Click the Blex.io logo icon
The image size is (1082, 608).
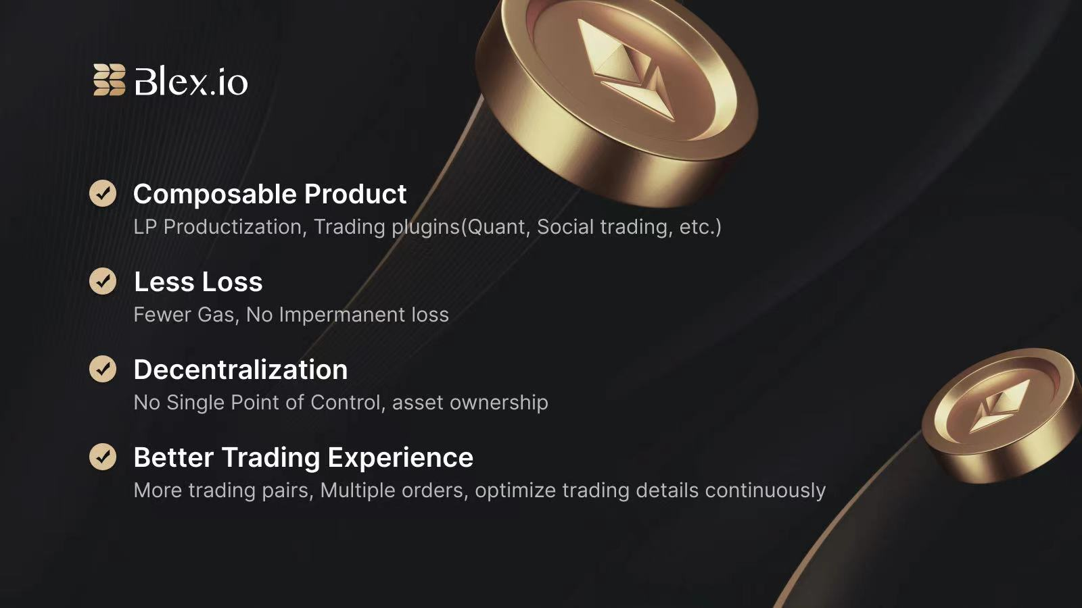pos(109,80)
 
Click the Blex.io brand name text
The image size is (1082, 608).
pos(191,81)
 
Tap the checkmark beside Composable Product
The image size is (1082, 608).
pos(103,193)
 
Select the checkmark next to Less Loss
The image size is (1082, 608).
pos(103,281)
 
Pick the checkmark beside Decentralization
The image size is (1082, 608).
pos(103,369)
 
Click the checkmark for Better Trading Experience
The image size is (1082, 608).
pos(103,457)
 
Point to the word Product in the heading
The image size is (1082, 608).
pos(356,194)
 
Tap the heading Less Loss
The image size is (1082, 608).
pos(198,282)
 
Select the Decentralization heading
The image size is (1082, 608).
pos(241,370)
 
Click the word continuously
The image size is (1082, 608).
pos(765,490)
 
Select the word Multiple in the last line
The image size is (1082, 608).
pos(358,490)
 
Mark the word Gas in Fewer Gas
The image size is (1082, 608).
pos(218,315)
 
